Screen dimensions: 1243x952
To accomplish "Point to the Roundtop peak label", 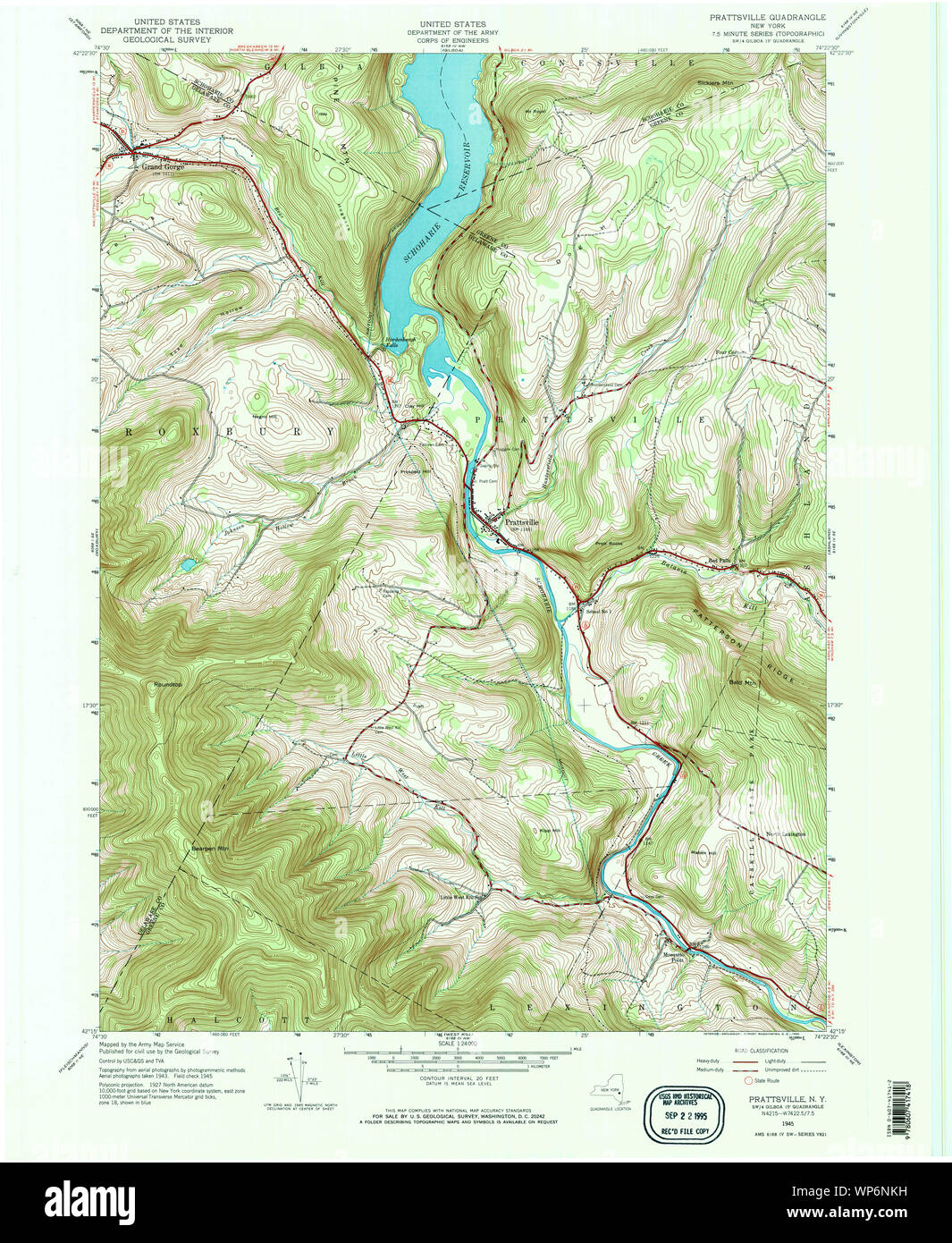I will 167,684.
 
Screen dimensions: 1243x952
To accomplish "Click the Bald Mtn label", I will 743,682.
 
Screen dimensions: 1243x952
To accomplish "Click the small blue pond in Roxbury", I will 188,564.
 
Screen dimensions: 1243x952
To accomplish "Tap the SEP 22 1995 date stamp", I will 684,1116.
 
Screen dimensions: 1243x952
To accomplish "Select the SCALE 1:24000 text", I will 457,1044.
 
